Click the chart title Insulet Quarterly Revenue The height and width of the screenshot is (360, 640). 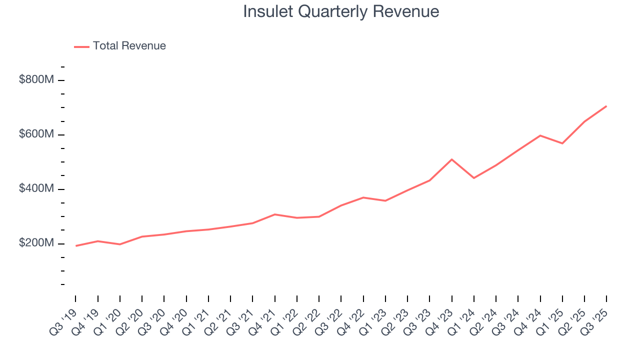(x=341, y=11)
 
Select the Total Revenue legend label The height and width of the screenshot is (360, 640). (x=129, y=46)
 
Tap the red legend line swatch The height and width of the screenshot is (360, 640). (x=81, y=46)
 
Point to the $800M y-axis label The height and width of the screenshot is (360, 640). (x=36, y=80)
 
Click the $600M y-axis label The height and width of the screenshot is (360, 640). (x=36, y=134)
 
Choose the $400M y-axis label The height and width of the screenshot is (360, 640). (x=36, y=189)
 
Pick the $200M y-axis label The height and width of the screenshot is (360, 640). (x=36, y=243)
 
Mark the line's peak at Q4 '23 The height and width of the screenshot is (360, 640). (x=451, y=159)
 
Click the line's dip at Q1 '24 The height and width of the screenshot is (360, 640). (x=473, y=178)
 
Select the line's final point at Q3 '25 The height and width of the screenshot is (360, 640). (x=606, y=106)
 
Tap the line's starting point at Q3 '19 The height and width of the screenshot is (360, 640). (x=76, y=246)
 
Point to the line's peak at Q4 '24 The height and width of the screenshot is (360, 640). (x=540, y=135)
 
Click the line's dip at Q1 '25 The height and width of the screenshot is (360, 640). (x=562, y=143)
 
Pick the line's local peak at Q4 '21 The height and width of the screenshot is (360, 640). (x=274, y=214)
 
